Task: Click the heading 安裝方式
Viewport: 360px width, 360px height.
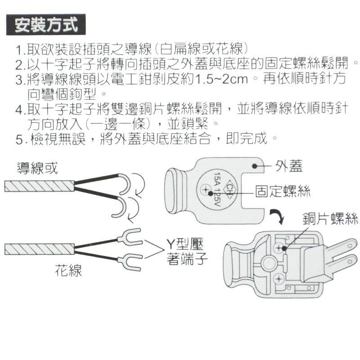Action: point(46,25)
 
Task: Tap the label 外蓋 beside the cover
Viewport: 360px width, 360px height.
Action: point(289,166)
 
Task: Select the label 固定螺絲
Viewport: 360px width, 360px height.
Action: point(283,191)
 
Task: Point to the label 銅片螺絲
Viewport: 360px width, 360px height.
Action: point(330,218)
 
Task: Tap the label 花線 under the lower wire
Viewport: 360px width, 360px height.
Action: point(68,270)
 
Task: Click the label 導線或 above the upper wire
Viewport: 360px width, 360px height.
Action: point(37,168)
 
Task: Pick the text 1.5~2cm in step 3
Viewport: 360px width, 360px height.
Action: point(221,79)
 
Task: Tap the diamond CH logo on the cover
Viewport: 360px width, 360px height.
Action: point(229,189)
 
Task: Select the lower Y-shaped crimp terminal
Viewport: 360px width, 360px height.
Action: point(130,262)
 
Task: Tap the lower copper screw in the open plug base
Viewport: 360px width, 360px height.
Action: point(279,279)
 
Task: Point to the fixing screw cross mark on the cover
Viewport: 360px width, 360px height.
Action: point(205,189)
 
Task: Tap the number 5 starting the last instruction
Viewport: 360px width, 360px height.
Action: point(19,139)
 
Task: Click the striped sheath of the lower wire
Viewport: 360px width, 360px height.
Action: point(40,249)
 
